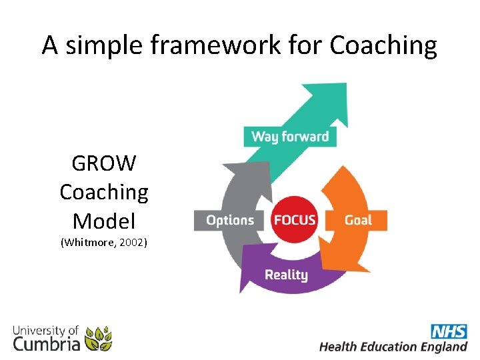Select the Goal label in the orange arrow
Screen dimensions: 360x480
358,220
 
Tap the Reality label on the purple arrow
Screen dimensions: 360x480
286,275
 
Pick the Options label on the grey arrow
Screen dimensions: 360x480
230,220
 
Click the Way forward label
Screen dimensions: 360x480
290,137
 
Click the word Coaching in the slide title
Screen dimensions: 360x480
383,45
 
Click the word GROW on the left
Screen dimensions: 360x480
103,163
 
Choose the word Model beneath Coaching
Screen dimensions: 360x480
103,220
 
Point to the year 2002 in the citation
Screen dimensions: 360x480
133,242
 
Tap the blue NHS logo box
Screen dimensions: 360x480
448,331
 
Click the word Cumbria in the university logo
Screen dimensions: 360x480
47,344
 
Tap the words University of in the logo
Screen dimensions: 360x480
44,330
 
